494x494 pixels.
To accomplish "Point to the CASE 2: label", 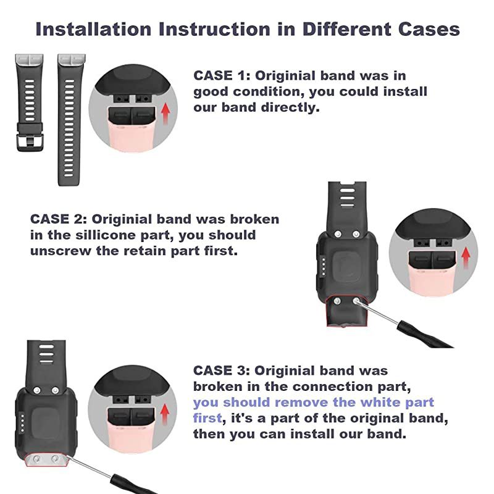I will pyautogui.click(x=58, y=219).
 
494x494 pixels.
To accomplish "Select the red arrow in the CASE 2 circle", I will pyautogui.click(x=466, y=256).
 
